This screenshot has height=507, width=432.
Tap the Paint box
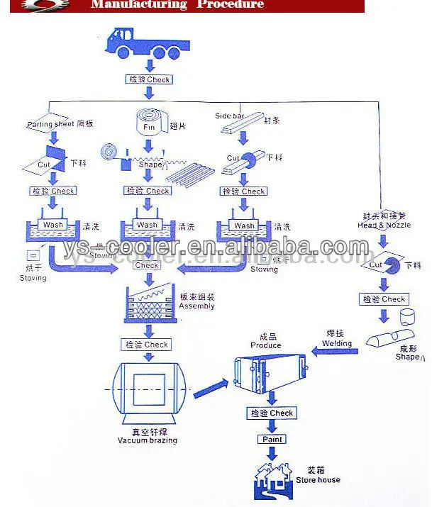[271, 439]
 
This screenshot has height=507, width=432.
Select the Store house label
[319, 480]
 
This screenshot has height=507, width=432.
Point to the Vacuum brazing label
[148, 440]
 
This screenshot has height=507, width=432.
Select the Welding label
[337, 343]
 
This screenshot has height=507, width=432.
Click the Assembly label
[196, 306]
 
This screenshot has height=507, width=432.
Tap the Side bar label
[229, 115]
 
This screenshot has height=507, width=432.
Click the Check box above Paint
[272, 413]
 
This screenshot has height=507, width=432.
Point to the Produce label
[266, 345]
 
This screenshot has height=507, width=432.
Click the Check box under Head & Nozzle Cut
[383, 299]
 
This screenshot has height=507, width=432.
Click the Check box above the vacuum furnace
[147, 345]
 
